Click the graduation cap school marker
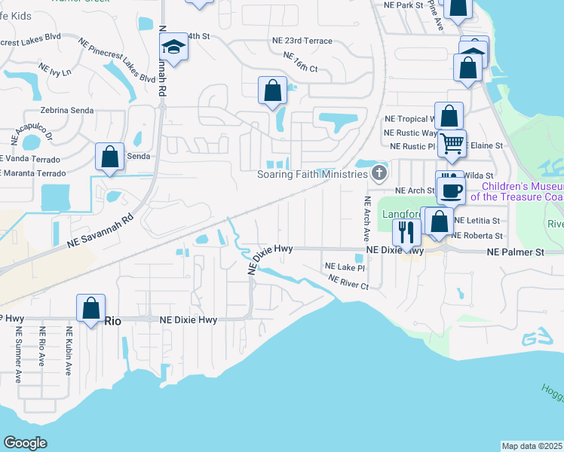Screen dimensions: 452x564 [174, 47]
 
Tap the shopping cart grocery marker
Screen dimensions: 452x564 [452, 142]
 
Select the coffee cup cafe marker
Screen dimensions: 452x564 [451, 191]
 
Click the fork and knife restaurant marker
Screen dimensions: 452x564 [406, 233]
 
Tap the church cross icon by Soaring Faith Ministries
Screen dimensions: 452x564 [379, 174]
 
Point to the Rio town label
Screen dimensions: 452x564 [112, 320]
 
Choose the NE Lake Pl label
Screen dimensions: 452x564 [345, 267]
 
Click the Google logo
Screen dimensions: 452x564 [26, 443]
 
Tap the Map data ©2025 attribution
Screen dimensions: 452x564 [531, 446]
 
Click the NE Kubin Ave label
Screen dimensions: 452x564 [69, 351]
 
